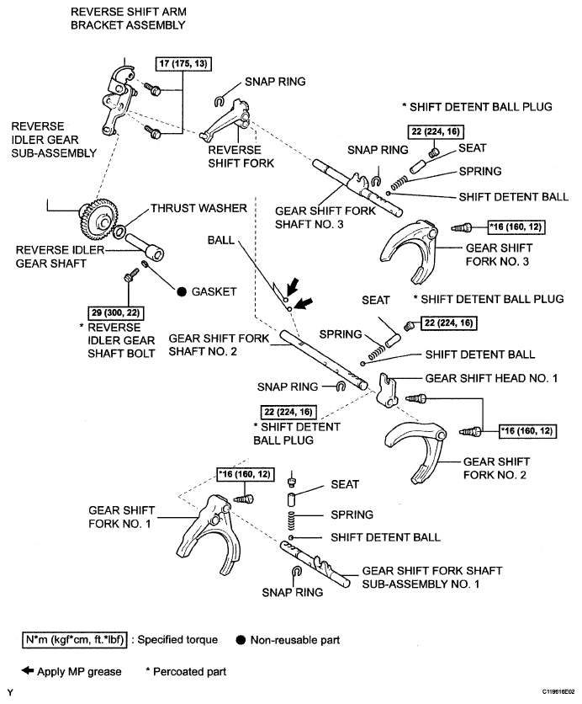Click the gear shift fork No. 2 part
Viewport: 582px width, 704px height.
tap(412, 442)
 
